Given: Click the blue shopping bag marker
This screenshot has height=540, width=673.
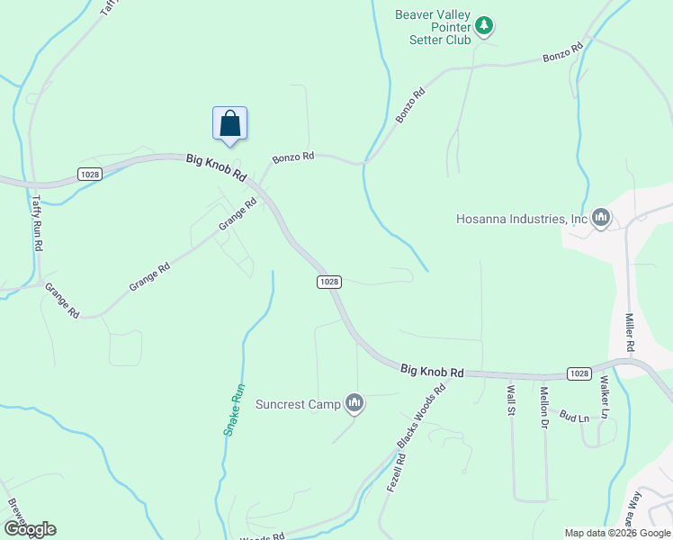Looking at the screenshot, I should click(229, 123).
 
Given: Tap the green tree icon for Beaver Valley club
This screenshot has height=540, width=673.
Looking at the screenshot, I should click(485, 25).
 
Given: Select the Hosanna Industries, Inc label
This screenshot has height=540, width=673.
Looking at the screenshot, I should click(522, 219).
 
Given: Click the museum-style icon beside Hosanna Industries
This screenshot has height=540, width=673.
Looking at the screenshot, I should click(601, 218).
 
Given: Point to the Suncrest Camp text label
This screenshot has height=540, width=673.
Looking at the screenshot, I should click(298, 404).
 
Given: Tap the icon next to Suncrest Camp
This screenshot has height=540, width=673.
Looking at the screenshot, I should click(354, 403).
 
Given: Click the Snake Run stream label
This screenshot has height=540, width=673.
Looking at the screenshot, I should click(234, 410).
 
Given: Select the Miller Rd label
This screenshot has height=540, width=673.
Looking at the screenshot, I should click(631, 332).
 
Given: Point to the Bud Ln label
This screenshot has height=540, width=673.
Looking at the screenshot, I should click(574, 417).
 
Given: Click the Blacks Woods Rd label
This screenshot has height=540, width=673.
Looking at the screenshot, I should click(422, 418).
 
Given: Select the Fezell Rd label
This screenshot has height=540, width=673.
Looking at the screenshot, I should click(396, 470).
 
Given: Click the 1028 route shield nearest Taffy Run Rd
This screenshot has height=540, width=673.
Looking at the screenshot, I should click(89, 174).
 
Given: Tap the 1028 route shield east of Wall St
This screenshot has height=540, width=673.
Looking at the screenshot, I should click(579, 373).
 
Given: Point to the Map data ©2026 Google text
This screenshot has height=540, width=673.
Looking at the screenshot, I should click(617, 533).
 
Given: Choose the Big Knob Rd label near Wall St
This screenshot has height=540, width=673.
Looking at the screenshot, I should click(432, 370).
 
